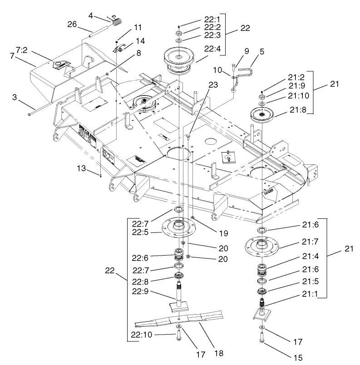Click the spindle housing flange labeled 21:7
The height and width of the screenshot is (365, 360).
point(263,248)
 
